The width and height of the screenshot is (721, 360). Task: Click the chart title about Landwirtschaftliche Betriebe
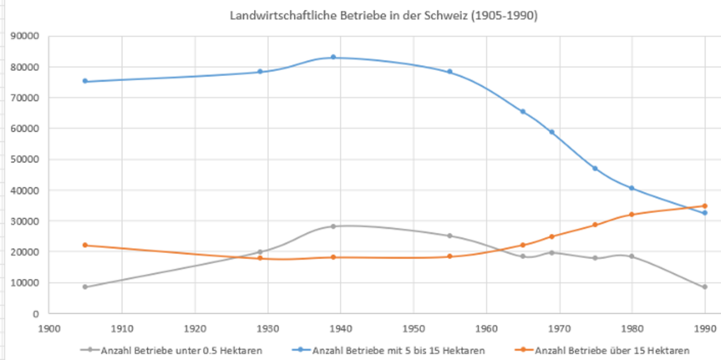pyautogui.click(x=384, y=16)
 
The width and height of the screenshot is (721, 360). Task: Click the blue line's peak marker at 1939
pyautogui.click(x=333, y=57)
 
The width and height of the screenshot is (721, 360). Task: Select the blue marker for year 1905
pyautogui.click(x=85, y=81)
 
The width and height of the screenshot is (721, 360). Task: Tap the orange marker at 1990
pyautogui.click(x=704, y=206)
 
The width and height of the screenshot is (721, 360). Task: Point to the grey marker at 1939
pyautogui.click(x=333, y=226)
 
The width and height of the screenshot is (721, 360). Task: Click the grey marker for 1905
pyautogui.click(x=85, y=287)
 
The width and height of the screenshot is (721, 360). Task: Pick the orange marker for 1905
pyautogui.click(x=85, y=245)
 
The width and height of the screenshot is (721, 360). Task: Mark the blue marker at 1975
pyautogui.click(x=595, y=168)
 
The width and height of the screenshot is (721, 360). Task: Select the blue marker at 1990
pyautogui.click(x=704, y=213)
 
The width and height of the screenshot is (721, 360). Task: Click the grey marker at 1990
pyautogui.click(x=704, y=287)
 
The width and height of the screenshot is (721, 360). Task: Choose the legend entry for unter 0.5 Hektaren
pyautogui.click(x=172, y=350)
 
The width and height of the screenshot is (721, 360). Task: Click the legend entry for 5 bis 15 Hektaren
pyautogui.click(x=397, y=350)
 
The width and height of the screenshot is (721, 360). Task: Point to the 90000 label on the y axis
pyautogui.click(x=25, y=36)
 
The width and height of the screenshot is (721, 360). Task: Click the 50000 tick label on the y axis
pyautogui.click(x=25, y=159)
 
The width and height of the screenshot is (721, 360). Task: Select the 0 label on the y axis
pyautogui.click(x=36, y=314)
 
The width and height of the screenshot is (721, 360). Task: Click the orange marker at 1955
pyautogui.click(x=449, y=256)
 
